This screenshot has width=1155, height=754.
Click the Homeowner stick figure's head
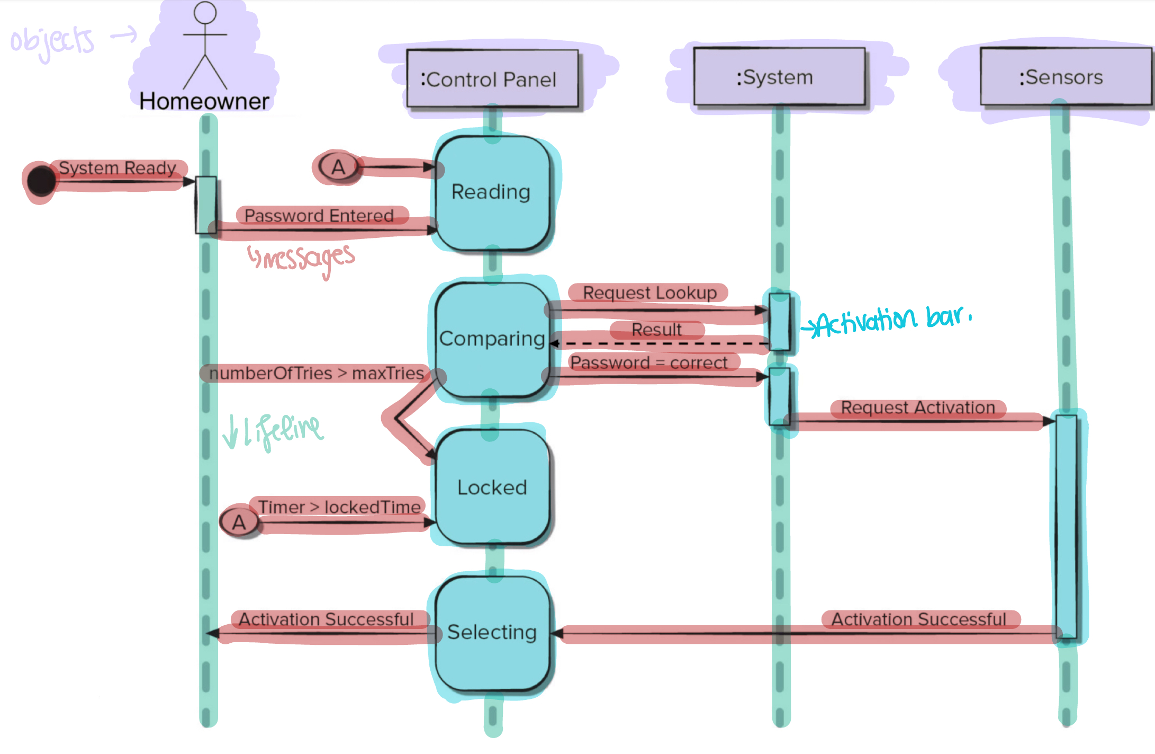pos(205,13)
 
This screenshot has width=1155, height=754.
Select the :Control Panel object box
pos(492,79)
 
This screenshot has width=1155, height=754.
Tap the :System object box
pos(779,77)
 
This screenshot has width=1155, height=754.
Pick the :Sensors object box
pos(1066,77)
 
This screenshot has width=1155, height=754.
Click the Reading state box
pos(492,193)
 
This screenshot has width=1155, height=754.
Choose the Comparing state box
pos(492,340)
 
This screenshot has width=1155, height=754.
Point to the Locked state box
pos(492,487)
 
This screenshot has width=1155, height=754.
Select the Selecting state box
pos(492,634)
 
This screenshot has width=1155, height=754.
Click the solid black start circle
pos(41,181)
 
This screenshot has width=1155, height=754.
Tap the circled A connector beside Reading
pos(338,167)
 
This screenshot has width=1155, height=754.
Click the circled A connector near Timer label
pos(239,522)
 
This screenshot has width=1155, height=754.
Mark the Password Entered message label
pos(319,216)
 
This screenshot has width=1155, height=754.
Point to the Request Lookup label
pos(649,292)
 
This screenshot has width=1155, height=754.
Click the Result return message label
pos(656,330)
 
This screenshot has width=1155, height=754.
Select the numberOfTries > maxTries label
pos(317,373)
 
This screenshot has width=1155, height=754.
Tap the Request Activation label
pos(918,407)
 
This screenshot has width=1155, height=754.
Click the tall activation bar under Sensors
pos(1066,527)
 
